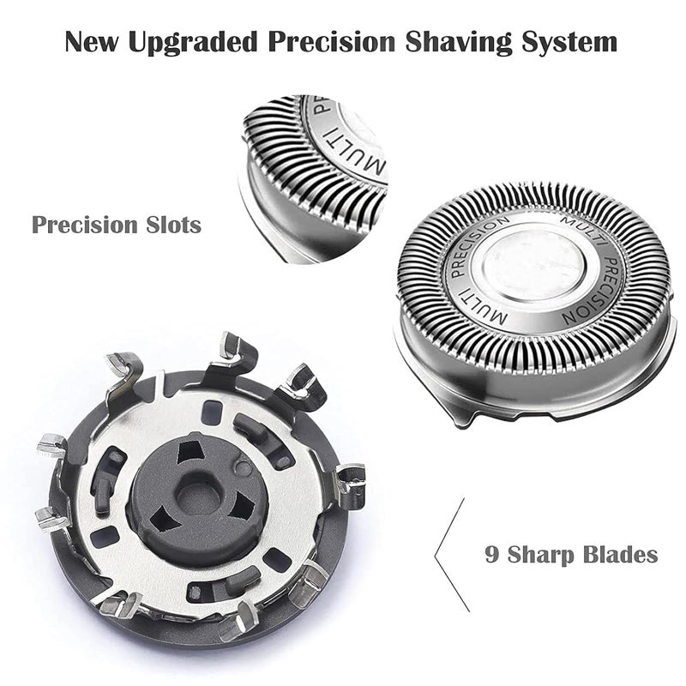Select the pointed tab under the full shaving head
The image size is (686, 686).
(x=461, y=418)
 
